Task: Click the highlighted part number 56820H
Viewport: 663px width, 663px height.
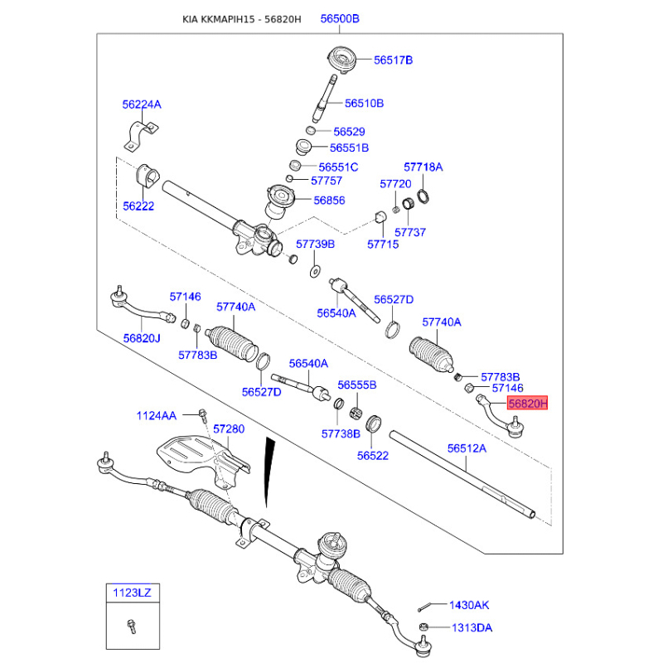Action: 528,404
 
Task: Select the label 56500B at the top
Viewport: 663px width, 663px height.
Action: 341,18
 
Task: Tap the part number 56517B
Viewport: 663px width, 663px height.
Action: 393,60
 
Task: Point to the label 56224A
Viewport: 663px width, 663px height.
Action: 142,104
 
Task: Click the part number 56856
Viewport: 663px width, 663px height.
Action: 330,201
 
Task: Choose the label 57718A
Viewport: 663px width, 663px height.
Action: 423,167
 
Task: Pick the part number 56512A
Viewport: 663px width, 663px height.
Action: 467,448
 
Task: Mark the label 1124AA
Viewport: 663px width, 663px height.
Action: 157,415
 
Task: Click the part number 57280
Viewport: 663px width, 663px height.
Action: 229,429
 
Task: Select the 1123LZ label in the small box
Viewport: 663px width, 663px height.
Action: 132,593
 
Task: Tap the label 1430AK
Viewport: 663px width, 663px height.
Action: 470,606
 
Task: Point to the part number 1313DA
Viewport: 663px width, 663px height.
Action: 470,627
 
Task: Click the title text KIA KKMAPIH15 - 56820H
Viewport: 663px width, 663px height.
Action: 242,18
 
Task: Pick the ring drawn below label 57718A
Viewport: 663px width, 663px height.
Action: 423,196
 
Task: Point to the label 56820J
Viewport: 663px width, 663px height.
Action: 143,338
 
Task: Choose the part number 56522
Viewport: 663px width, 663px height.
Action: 373,455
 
